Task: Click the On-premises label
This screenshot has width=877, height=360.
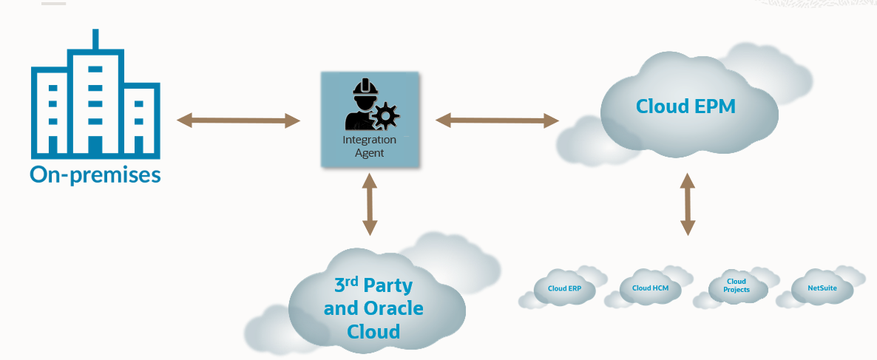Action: click(95, 175)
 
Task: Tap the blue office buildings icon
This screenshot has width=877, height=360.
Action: click(95, 100)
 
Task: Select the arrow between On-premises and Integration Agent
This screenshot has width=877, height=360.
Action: click(238, 120)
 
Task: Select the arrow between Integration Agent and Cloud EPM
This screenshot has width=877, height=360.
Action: click(496, 118)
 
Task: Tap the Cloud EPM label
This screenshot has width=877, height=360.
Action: click(685, 106)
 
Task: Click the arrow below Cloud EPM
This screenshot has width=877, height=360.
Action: click(688, 205)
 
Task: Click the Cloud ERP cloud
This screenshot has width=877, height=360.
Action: click(564, 289)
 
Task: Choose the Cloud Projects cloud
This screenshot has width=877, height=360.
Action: click(737, 286)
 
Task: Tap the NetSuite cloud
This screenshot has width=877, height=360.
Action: click(822, 288)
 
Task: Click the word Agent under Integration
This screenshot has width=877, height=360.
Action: click(369, 153)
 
